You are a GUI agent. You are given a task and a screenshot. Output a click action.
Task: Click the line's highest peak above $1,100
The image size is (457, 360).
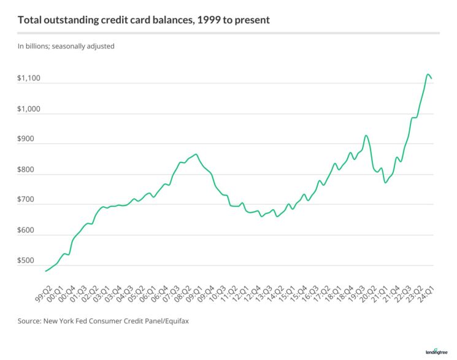(x=428, y=74)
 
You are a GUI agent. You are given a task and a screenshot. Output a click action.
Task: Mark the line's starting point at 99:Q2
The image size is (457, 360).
(x=45, y=270)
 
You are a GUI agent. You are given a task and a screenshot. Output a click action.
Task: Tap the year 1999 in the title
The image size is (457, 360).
(x=201, y=20)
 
